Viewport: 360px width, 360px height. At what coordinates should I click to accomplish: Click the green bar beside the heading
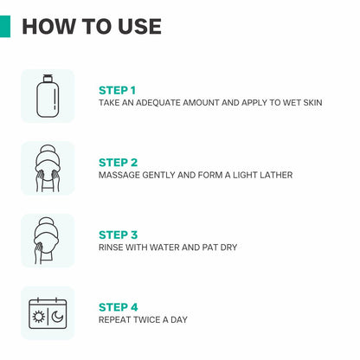pos(5,26)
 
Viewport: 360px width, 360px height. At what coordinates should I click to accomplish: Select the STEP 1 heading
pos(117,91)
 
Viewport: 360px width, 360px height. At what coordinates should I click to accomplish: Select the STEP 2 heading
pos(118,163)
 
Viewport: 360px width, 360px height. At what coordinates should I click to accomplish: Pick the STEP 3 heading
pos(118,235)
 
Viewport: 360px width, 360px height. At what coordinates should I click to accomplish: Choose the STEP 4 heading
pos(119,307)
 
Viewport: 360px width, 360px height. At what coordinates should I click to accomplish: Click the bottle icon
pos(48,96)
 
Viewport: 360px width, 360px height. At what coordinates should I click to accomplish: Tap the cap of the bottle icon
pos(48,78)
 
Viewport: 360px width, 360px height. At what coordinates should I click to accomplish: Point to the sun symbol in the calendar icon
pos(39,317)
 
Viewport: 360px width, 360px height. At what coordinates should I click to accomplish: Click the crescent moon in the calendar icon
pos(57,317)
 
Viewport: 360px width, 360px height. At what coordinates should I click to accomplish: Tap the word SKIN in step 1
pos(312,103)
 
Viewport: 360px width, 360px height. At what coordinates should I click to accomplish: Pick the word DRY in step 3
pos(228,247)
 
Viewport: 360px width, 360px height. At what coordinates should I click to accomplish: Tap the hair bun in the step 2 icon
pos(48,150)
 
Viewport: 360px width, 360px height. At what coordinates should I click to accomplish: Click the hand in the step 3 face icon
pos(38,250)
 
